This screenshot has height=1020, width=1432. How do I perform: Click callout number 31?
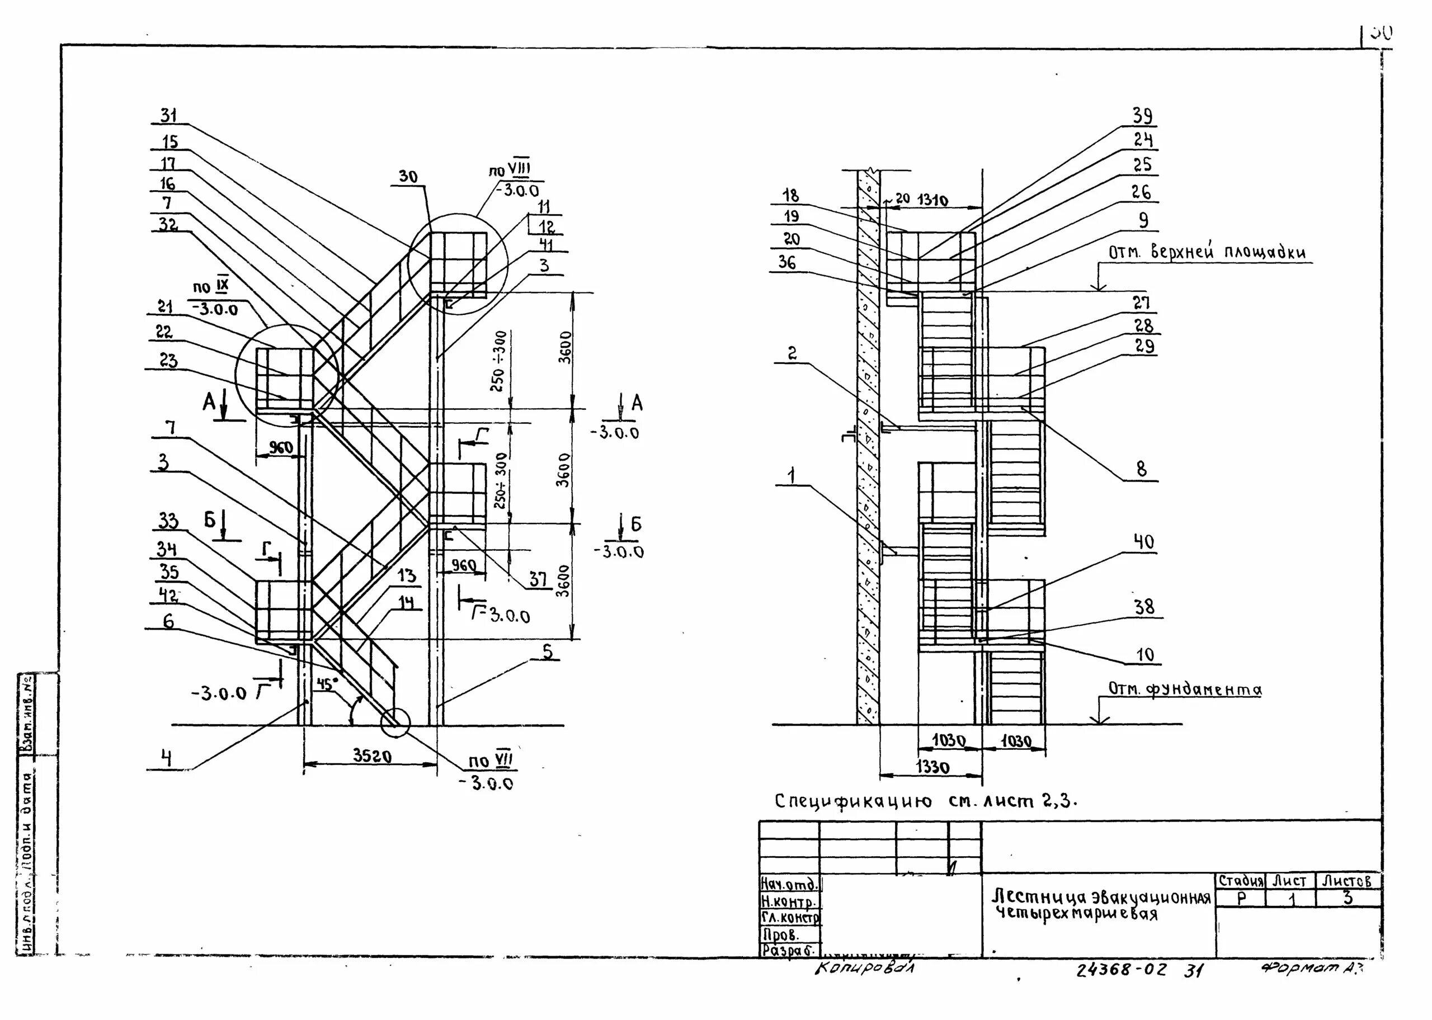(168, 116)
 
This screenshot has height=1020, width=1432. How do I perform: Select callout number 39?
(1142, 116)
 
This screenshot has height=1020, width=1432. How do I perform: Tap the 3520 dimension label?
(372, 755)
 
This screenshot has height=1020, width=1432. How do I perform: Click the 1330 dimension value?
(932, 767)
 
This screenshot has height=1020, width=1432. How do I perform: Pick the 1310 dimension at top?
(932, 200)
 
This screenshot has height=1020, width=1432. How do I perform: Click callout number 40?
(1144, 541)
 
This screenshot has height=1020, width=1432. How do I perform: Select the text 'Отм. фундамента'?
(1185, 690)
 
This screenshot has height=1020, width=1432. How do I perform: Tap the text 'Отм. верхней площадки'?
(1207, 253)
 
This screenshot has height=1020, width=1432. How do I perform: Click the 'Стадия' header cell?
(1241, 881)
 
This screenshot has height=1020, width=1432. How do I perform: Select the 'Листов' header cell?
(1346, 881)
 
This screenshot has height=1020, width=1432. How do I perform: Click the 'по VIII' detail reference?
(510, 169)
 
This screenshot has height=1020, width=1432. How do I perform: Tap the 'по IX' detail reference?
(211, 287)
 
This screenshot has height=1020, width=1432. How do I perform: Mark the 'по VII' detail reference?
(491, 761)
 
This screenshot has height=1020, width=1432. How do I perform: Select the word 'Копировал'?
(865, 969)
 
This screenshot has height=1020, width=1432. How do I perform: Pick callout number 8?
(1141, 469)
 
